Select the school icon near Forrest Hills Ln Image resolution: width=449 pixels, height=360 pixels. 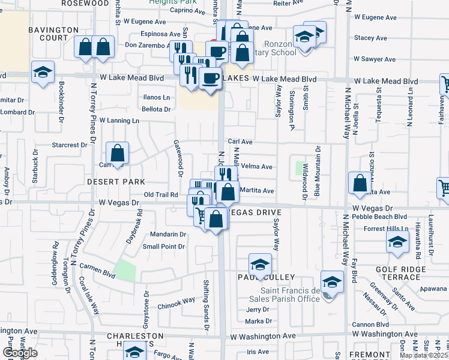[x=397, y=242]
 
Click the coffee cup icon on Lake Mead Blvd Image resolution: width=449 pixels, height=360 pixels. [x=210, y=79]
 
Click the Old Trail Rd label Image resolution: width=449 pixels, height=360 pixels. [x=161, y=194]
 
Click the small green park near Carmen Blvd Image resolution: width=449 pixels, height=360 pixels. [x=125, y=270]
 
